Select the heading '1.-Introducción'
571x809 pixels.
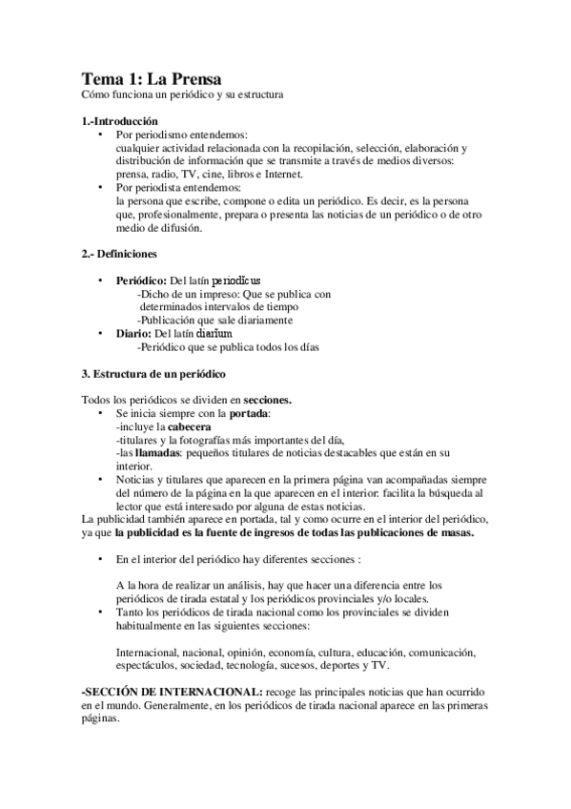tap(119, 121)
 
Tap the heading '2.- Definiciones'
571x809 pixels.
tap(119, 255)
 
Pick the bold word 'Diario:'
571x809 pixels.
tap(133, 334)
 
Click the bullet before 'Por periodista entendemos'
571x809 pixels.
tap(101, 188)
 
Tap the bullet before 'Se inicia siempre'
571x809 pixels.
tap(101, 414)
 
